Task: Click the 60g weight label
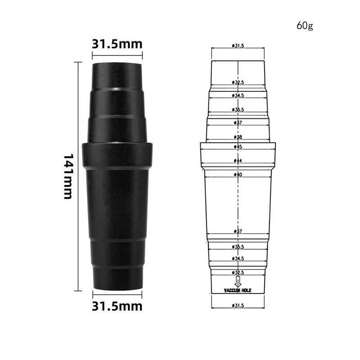coord(304,25)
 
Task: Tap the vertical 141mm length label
coord(68,176)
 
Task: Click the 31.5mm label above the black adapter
coord(117,44)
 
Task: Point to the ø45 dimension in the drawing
coord(238,147)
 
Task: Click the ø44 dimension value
coord(238,161)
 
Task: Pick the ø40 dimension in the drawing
coord(238,174)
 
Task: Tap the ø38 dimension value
coord(238,137)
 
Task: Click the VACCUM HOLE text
coord(238,291)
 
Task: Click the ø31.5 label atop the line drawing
coord(238,46)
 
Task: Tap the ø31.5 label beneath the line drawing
coord(238,306)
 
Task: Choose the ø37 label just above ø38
coord(238,123)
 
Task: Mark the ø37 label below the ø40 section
coord(238,231)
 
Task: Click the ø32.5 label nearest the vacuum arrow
coord(238,273)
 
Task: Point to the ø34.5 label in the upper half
coord(238,95)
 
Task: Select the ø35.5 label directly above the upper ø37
coord(238,110)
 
